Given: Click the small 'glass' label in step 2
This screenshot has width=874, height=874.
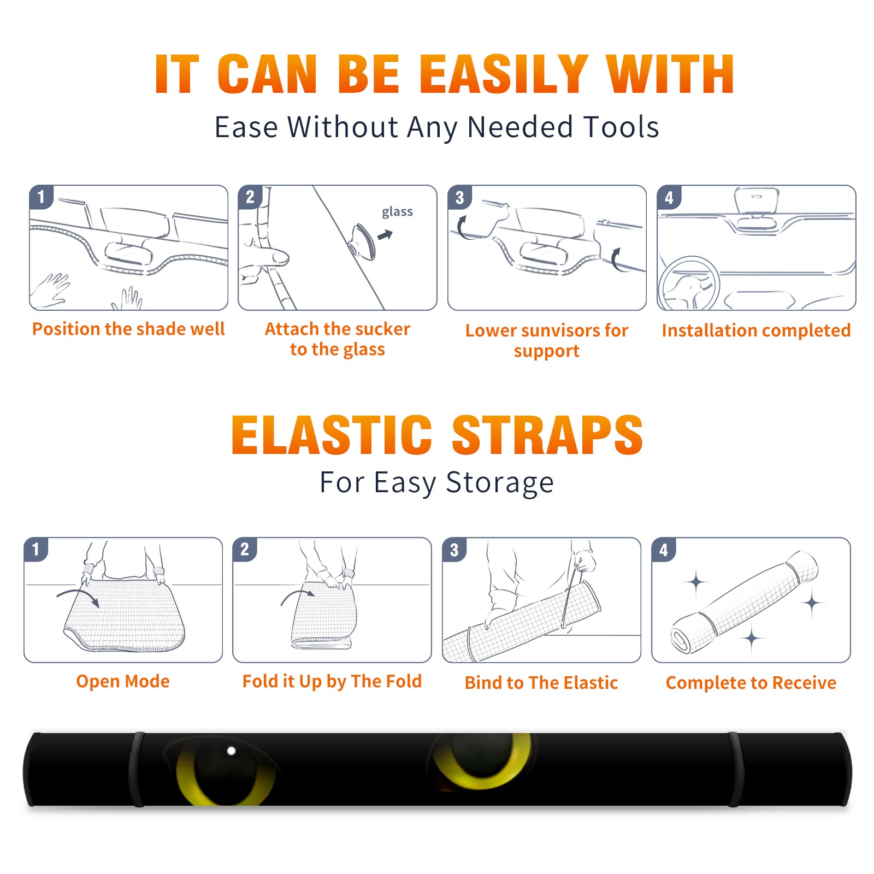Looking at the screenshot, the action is pyautogui.click(x=397, y=212).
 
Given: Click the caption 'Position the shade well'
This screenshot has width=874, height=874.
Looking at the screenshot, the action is pyautogui.click(x=128, y=329).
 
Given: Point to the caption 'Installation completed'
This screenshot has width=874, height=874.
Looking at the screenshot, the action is pyautogui.click(x=756, y=330).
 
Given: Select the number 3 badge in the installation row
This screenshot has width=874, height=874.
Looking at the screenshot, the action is pyautogui.click(x=459, y=198).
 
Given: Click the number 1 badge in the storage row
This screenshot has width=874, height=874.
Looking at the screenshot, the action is pyautogui.click(x=36, y=550).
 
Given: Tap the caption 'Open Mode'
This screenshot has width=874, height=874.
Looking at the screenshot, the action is pyautogui.click(x=123, y=681).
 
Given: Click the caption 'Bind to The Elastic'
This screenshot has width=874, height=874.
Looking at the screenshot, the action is pyautogui.click(x=541, y=683).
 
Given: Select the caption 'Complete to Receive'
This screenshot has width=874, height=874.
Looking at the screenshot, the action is pyautogui.click(x=751, y=683).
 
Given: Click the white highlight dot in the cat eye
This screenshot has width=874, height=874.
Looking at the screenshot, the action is pyautogui.click(x=231, y=751).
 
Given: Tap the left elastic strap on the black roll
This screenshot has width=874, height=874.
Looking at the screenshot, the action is pyautogui.click(x=137, y=769).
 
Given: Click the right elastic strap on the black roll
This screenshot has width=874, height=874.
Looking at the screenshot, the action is pyautogui.click(x=735, y=769).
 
